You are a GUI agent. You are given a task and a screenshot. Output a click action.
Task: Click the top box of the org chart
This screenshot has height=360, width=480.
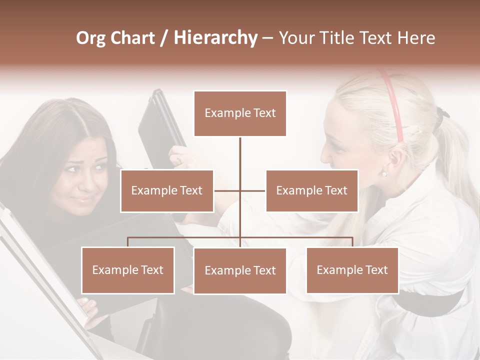(240, 113)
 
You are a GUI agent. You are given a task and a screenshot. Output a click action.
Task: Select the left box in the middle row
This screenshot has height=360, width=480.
(167, 190)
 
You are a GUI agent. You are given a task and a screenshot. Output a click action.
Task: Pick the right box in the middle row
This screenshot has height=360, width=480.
(311, 190)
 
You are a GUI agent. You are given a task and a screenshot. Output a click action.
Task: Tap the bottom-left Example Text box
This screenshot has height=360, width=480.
(128, 270)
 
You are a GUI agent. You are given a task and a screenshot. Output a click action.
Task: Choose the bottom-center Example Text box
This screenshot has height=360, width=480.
(240, 270)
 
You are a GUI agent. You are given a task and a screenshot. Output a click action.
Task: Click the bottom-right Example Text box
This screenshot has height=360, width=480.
(352, 270)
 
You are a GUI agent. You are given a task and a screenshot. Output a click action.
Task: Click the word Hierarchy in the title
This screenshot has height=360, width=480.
(215, 38)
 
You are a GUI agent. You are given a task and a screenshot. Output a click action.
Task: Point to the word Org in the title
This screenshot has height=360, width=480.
(90, 38)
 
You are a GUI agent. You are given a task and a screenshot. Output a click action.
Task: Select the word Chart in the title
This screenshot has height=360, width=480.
(132, 38)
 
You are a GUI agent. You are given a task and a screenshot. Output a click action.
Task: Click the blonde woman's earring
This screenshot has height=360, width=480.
(384, 174)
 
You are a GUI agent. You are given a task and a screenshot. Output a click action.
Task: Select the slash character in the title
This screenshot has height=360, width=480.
(164, 38)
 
